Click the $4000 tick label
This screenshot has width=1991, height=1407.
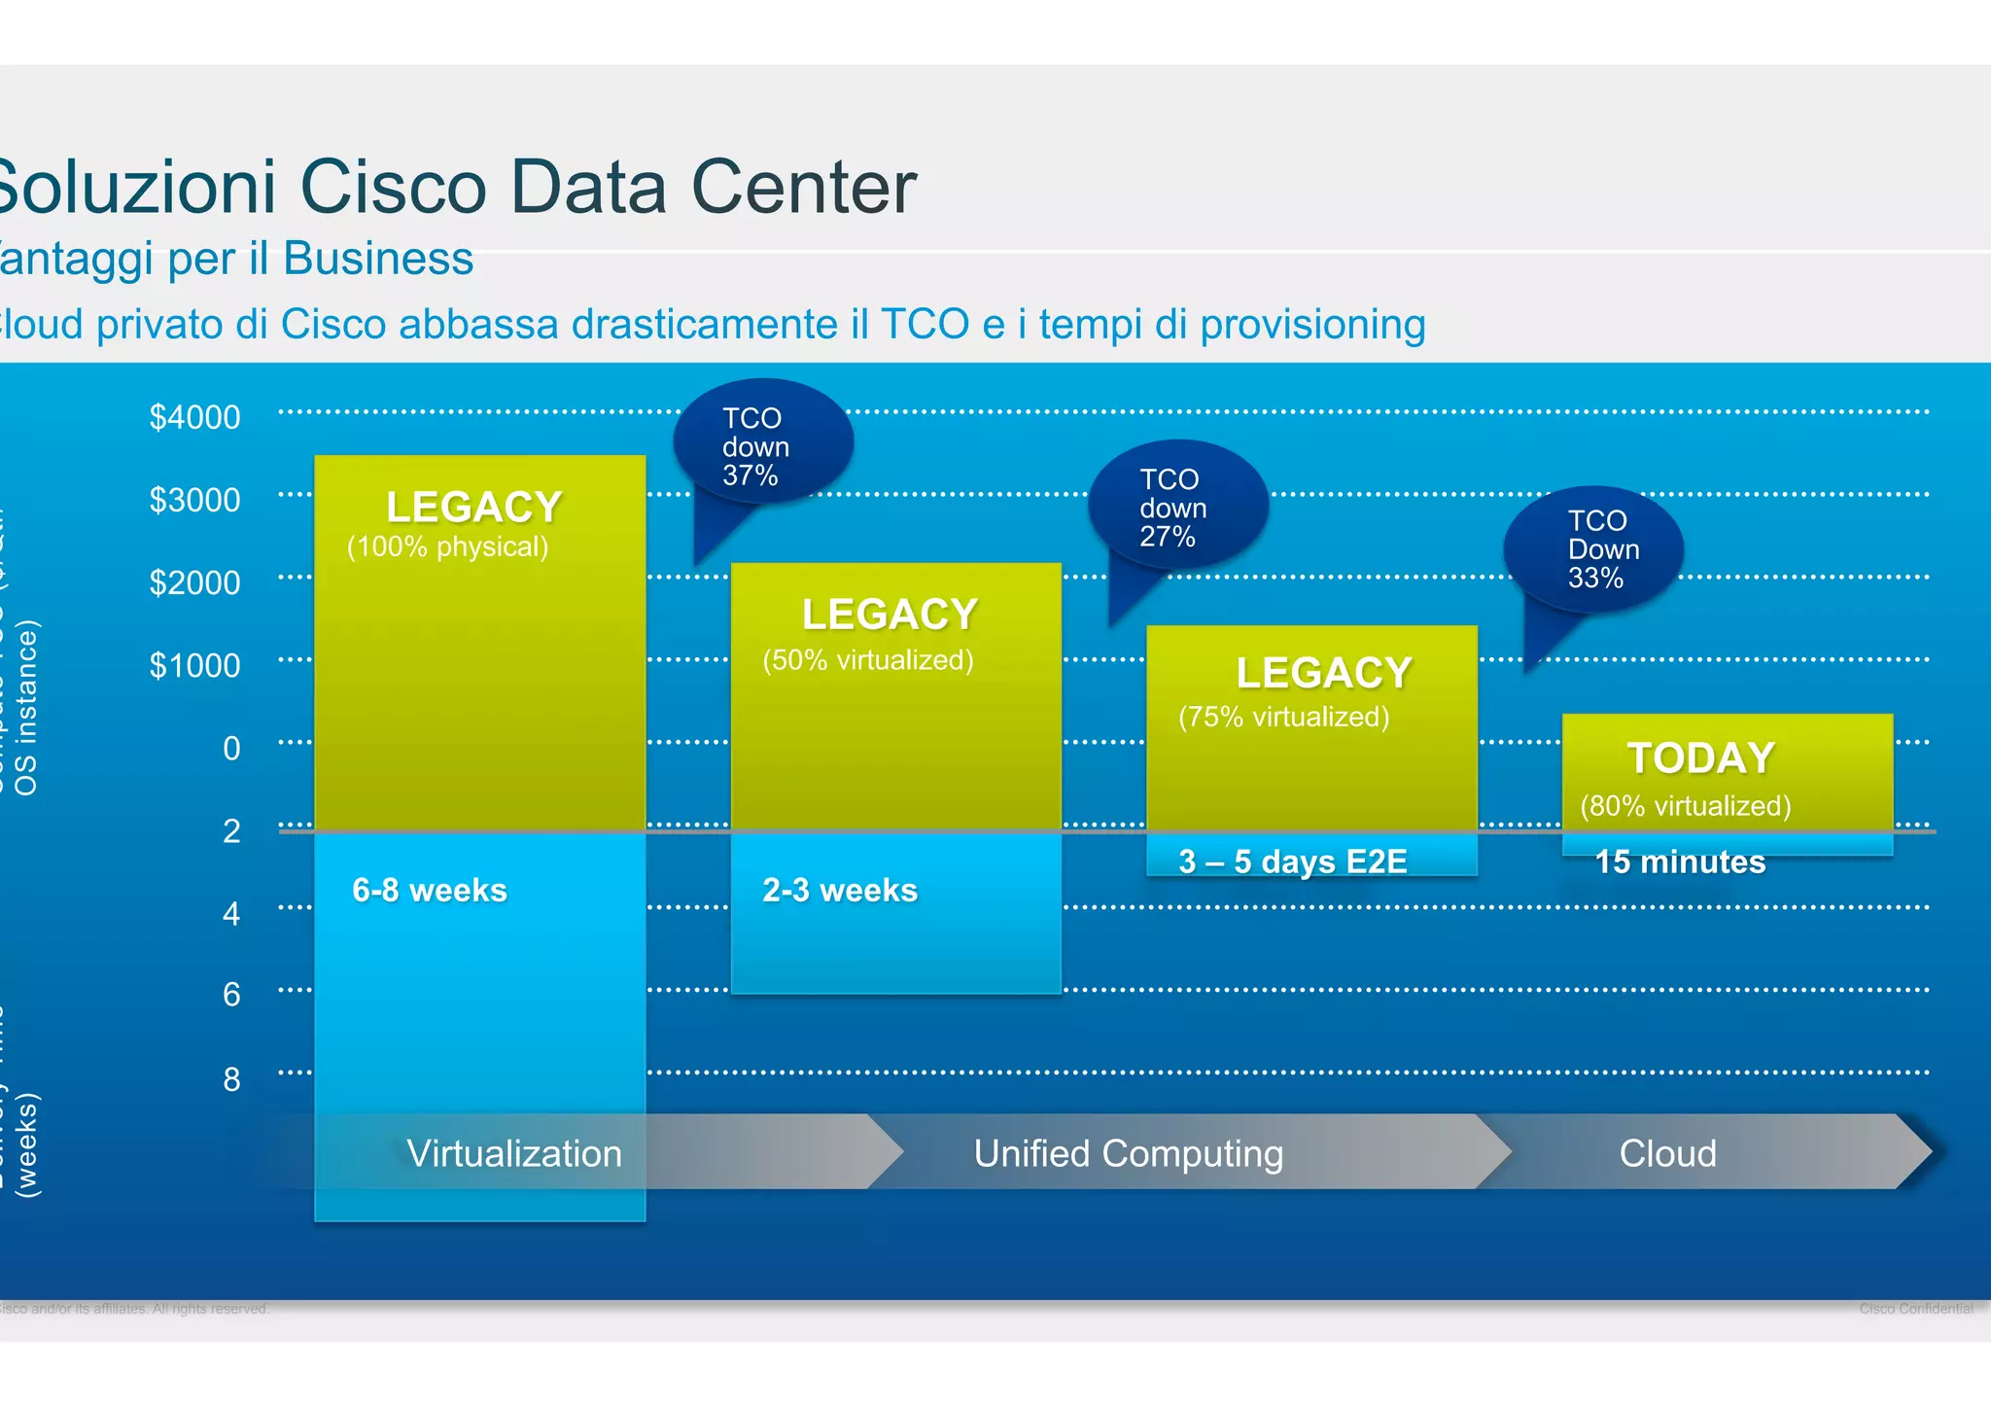click(194, 417)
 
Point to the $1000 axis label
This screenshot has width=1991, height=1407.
click(194, 666)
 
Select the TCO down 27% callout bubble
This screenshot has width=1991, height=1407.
click(1177, 507)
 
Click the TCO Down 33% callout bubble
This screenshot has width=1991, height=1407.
click(1594, 548)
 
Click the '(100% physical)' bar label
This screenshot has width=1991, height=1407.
click(447, 547)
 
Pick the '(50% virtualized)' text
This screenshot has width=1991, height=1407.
click(867, 660)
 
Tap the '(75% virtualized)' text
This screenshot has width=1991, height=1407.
click(1283, 718)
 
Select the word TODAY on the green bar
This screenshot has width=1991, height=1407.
click(1700, 758)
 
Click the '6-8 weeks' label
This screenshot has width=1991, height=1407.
click(429, 891)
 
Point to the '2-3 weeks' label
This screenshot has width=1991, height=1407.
click(839, 891)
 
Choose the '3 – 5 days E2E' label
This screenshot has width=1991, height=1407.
click(1292, 862)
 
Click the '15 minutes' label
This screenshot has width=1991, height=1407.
click(1680, 862)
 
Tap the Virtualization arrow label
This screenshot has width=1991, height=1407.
click(513, 1154)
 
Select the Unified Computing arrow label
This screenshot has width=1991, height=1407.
click(1128, 1154)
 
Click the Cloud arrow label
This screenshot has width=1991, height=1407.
click(1667, 1154)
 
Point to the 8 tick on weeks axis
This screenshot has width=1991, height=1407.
click(231, 1079)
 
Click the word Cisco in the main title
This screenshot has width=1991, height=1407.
click(393, 187)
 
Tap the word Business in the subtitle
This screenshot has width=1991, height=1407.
click(378, 259)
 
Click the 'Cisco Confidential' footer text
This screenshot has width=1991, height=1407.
click(1915, 1309)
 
